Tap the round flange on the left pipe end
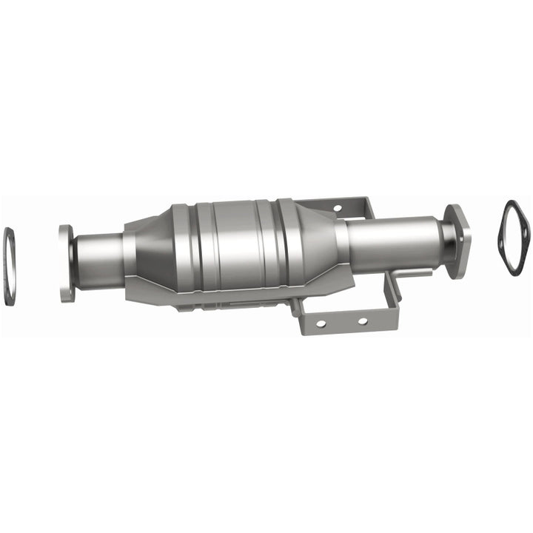click(x=67, y=264)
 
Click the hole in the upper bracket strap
click(x=336, y=208)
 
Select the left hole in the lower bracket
click(x=321, y=324)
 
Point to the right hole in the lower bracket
click(x=362, y=321)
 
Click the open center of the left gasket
click(x=10, y=266)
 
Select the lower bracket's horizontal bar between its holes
click(x=341, y=324)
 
